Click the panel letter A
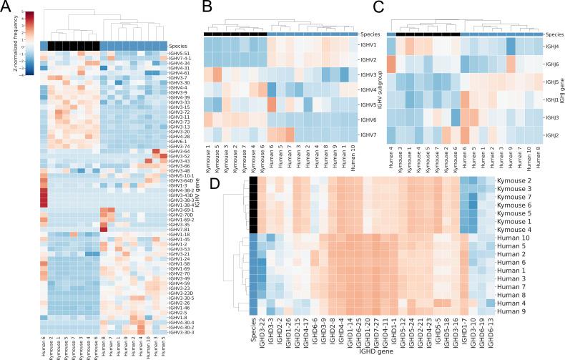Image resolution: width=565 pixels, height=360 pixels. pos(6,8)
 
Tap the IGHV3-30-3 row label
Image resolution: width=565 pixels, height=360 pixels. pos(180,332)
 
